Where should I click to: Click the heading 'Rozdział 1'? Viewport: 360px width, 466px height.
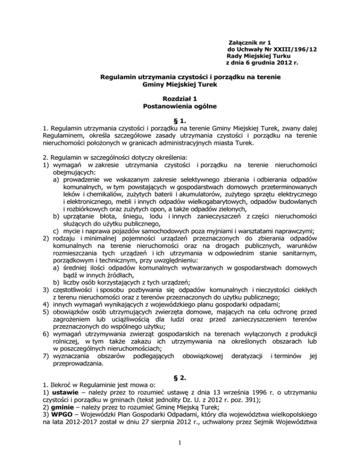180,100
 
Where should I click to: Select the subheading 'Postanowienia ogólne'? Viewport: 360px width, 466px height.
180,107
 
